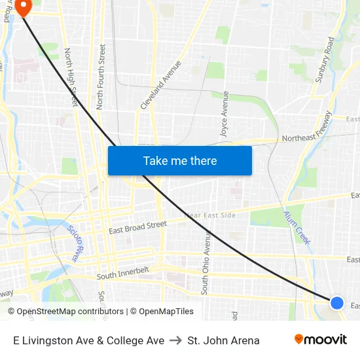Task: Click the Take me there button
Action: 180,160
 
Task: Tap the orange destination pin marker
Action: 24,7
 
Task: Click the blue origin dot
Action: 336,302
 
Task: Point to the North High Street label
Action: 71,77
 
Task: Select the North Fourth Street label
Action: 101,76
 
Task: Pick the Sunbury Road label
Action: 324,59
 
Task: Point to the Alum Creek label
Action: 297,226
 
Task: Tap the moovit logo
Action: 320,340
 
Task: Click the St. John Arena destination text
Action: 223,340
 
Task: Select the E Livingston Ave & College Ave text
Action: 88,340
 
